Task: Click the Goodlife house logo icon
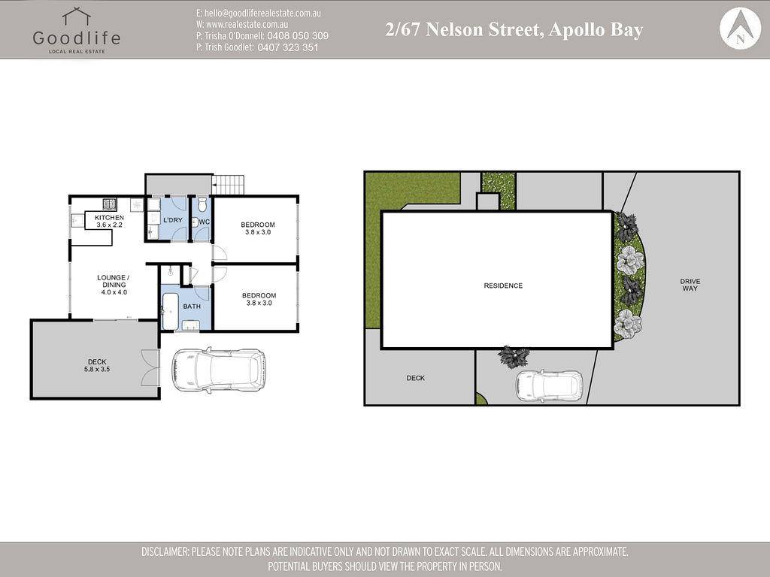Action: click(76, 17)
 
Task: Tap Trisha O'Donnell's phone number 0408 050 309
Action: click(298, 36)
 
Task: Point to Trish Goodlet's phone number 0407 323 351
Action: click(288, 47)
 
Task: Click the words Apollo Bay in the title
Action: click(596, 30)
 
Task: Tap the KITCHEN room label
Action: click(109, 217)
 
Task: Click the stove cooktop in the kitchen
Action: click(110, 203)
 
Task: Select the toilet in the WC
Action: click(202, 204)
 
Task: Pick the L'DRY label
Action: click(172, 220)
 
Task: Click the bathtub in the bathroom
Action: click(171, 312)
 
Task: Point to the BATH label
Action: click(192, 307)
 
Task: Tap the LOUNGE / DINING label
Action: click(114, 281)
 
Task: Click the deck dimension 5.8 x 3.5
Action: click(97, 369)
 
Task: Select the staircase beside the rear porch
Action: click(229, 184)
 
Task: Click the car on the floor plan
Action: click(219, 370)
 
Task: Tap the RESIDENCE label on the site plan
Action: click(503, 285)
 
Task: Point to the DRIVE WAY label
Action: click(690, 285)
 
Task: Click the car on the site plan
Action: click(549, 385)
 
